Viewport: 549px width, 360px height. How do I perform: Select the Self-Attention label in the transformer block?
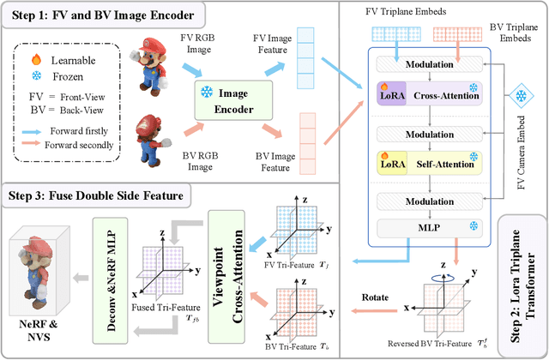[x=447, y=161]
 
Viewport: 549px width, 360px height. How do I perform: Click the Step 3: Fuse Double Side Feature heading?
[x=95, y=195]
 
